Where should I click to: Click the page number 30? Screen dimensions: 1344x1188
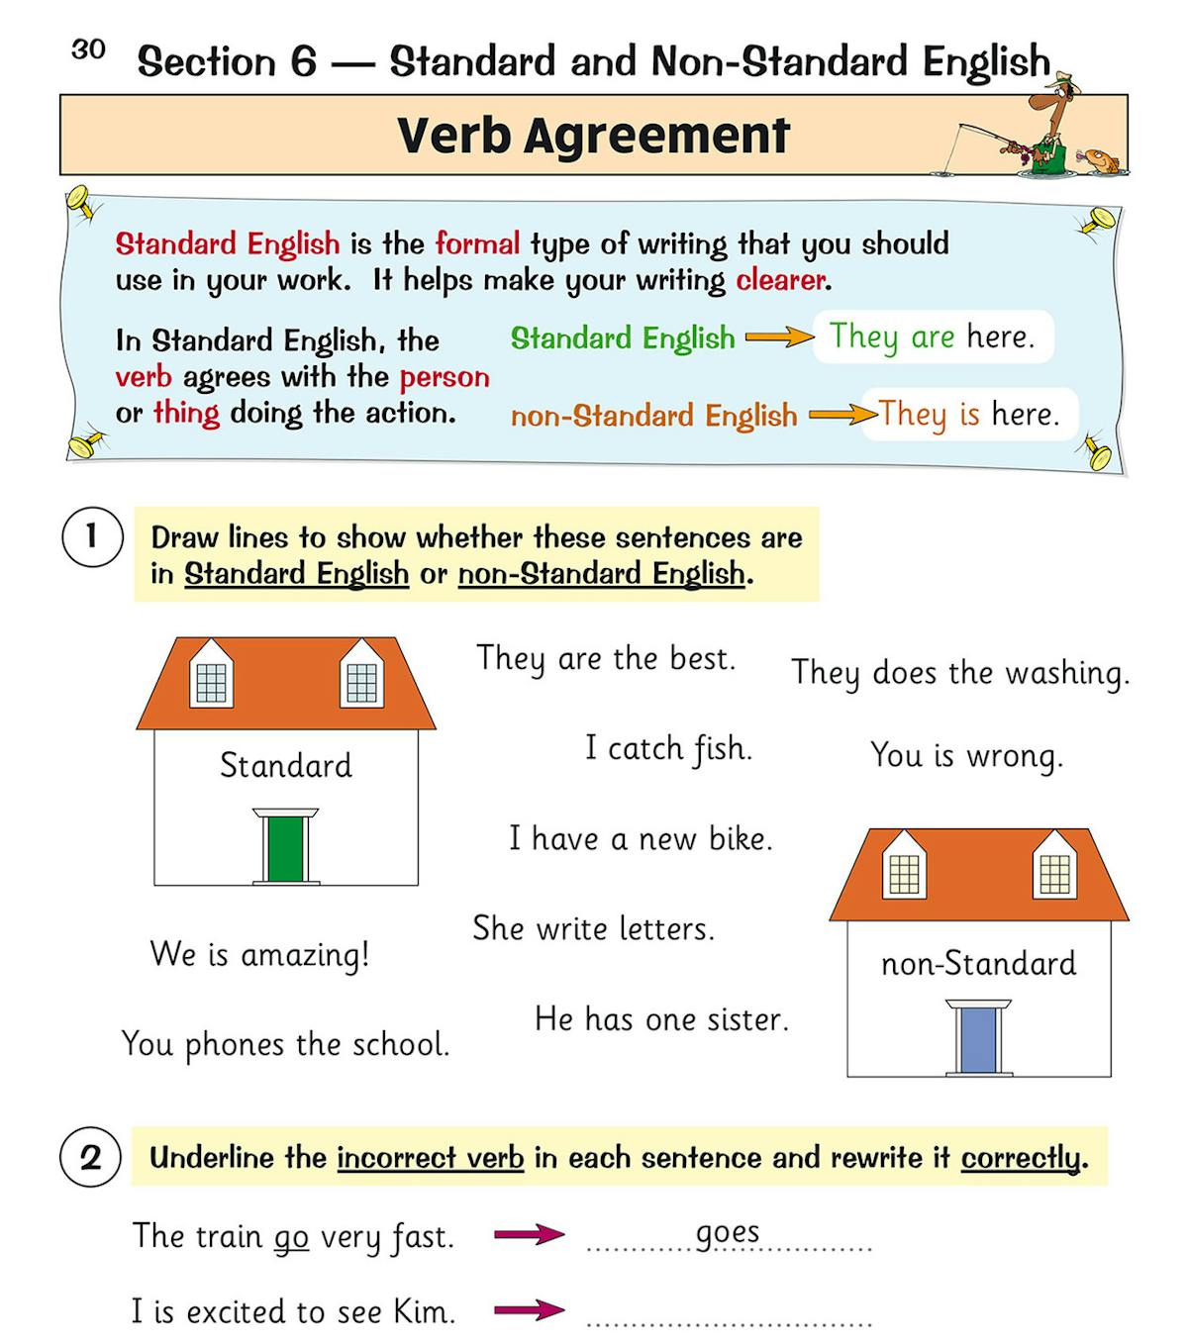click(88, 49)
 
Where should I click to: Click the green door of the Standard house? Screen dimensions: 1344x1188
click(285, 848)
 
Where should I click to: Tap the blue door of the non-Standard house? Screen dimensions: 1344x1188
click(978, 1040)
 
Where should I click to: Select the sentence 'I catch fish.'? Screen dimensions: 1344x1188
click(668, 748)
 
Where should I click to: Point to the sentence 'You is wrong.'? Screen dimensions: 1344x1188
click(966, 756)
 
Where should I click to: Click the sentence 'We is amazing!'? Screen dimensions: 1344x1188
click(259, 955)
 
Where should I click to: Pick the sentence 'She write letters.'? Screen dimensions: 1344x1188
click(593, 928)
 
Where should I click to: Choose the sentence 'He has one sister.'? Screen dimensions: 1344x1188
click(661, 1019)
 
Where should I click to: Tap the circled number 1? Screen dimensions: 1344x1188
click(92, 537)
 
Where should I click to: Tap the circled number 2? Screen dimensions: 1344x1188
click(91, 1157)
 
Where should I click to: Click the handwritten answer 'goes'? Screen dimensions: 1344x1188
click(728, 1233)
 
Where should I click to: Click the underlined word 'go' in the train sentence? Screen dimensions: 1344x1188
click(291, 1238)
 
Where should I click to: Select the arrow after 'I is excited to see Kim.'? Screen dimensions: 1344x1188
click(529, 1310)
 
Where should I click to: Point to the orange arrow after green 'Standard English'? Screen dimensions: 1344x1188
click(779, 338)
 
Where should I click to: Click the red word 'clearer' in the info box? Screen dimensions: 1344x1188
click(780, 281)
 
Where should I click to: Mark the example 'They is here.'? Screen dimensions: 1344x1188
click(968, 414)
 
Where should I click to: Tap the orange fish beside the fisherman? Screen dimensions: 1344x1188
click(1100, 160)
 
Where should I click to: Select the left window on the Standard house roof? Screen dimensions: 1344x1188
click(211, 676)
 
